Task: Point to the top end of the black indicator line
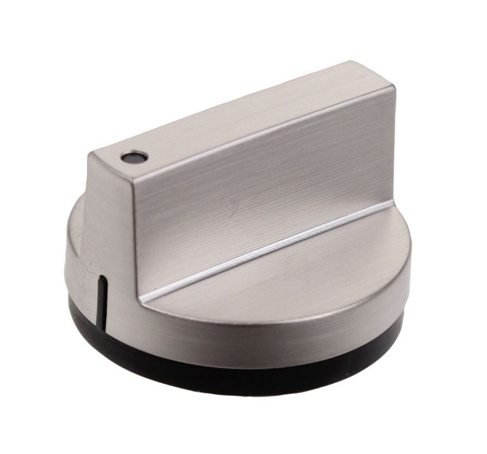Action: pos(101,278)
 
